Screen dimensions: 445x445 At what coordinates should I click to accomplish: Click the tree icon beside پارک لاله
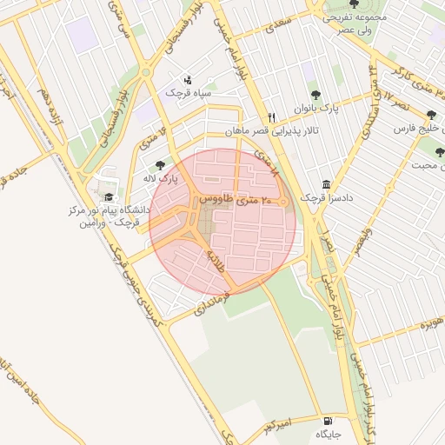pos(158,164)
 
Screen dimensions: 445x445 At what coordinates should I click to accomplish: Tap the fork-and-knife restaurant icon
pos(271,117)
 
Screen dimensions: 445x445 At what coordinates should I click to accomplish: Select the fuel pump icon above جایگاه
pos(327,419)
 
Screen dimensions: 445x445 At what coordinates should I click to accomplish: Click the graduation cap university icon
pos(109,196)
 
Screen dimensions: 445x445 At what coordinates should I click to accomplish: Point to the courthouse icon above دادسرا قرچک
pos(326,184)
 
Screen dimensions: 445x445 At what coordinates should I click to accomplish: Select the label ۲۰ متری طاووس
pos(236,200)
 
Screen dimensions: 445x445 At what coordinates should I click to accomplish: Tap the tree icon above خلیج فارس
pos(432,115)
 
